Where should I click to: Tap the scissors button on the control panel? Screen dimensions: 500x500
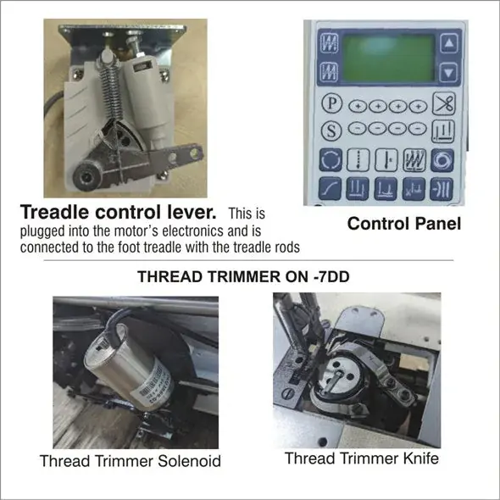coord(443,103)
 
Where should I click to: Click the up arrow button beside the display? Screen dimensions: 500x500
coord(449,42)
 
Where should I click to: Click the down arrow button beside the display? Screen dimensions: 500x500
coord(448,73)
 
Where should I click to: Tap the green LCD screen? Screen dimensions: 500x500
coord(389,58)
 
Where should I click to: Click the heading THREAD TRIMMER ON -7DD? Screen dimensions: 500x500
coord(243,276)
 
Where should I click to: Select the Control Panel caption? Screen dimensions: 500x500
coord(404,224)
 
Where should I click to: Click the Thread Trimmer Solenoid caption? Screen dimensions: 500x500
coord(131,461)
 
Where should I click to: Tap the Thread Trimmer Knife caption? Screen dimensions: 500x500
coord(362,458)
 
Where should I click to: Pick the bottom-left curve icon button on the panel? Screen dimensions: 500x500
coord(330,188)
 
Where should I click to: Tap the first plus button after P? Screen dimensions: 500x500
coord(358,107)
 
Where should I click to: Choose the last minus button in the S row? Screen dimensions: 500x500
coord(418,129)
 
